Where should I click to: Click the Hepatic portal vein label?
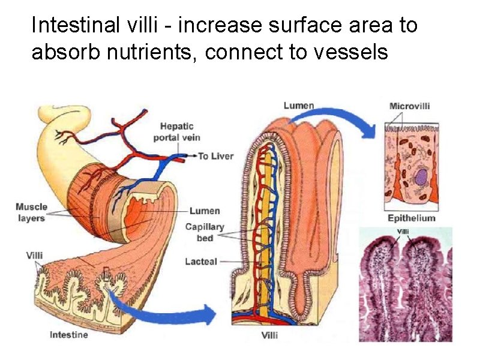(176, 132)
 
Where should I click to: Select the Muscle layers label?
(31, 212)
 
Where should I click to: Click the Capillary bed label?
(205, 232)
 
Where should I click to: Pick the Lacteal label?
(202, 262)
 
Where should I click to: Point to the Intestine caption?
(68, 334)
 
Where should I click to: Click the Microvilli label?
(410, 107)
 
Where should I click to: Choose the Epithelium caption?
(412, 218)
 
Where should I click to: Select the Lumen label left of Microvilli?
(299, 106)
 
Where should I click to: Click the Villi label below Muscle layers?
(35, 255)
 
